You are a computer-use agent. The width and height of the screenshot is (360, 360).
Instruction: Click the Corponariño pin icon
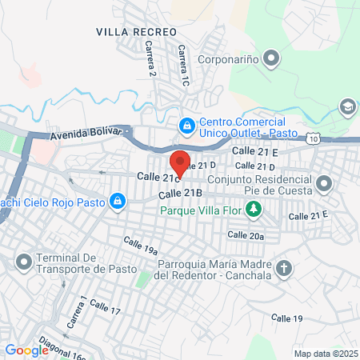271,58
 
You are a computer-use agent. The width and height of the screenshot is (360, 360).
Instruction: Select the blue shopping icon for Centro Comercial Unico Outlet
186,125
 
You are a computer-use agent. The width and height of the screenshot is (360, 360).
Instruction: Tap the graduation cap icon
347,106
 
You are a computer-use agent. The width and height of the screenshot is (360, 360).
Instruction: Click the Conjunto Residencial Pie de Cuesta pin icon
324,185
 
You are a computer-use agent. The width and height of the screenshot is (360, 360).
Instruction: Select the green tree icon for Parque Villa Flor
254,210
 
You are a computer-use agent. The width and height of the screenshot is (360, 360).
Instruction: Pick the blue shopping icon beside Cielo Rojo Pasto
117,202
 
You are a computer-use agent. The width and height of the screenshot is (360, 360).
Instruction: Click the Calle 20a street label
245,235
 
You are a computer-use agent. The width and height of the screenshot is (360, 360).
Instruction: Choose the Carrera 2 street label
150,62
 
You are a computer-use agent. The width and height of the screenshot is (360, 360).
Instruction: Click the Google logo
26,350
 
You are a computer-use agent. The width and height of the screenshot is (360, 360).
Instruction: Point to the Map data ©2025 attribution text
324,354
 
